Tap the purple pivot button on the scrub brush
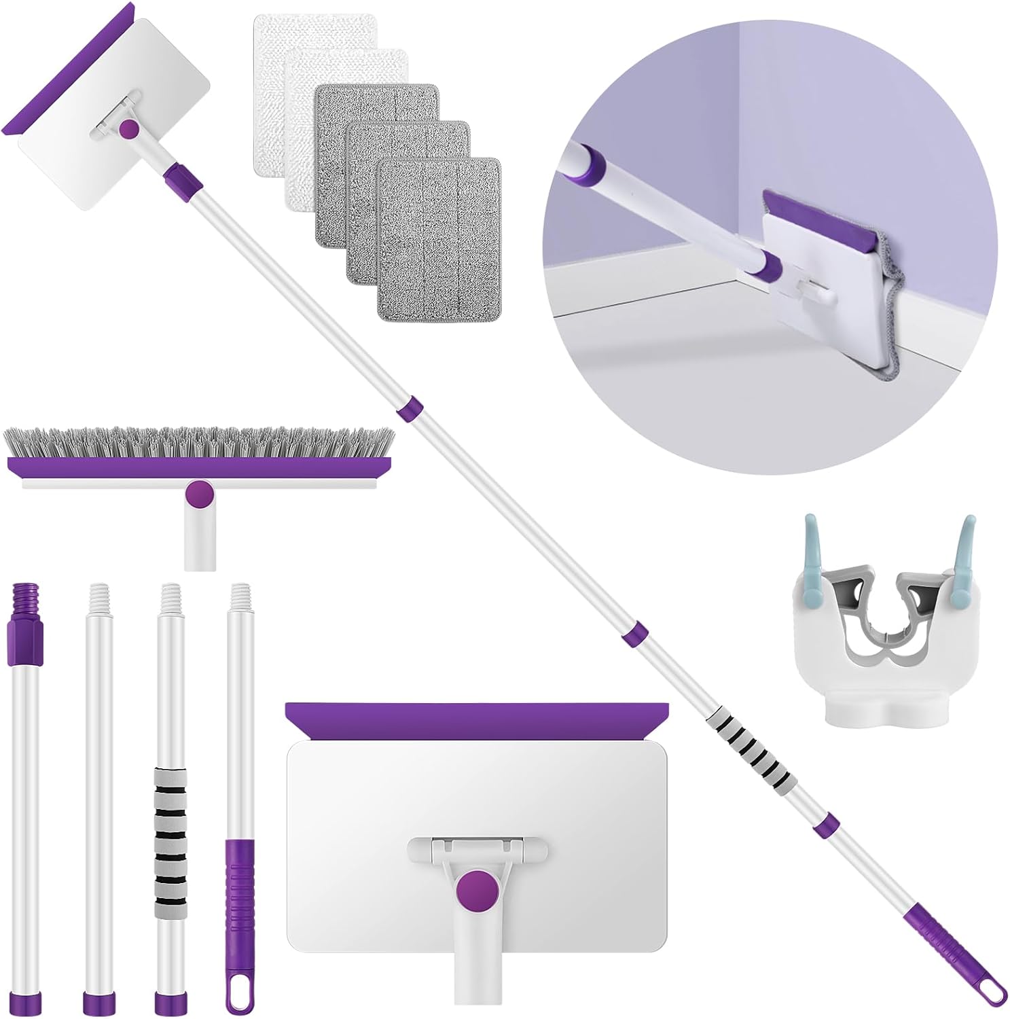(199, 493)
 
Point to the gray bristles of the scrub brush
(197, 441)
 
